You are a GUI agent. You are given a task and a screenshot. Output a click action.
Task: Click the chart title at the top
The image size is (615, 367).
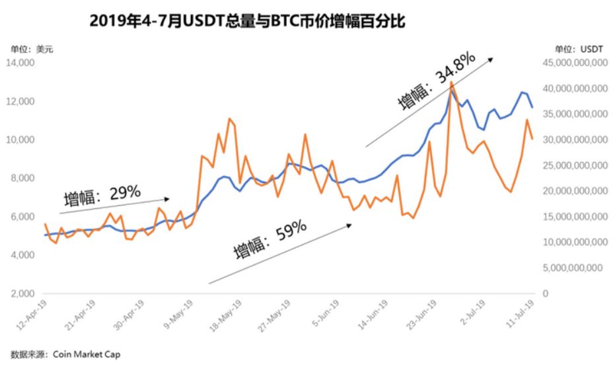click(247, 21)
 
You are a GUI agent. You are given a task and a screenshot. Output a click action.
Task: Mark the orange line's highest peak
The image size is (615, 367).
click(451, 81)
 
